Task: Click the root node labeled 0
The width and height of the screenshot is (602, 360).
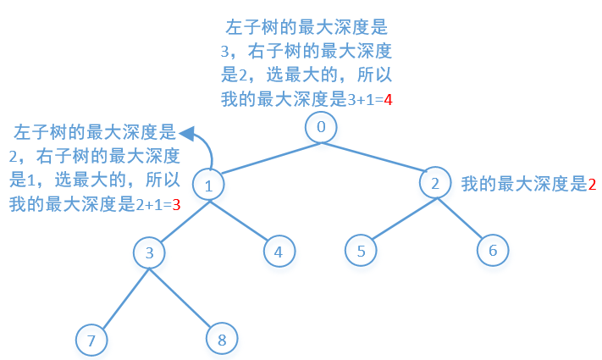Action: click(x=321, y=128)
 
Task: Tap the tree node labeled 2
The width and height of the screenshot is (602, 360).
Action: click(x=436, y=184)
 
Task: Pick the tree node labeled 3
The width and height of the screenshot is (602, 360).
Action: click(x=149, y=252)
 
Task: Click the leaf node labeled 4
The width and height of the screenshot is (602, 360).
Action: click(x=279, y=251)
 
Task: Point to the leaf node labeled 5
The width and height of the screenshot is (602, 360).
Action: click(x=362, y=251)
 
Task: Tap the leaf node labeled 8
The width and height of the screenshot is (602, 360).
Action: click(x=222, y=340)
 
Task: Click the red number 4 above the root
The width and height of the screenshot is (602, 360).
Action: click(x=388, y=100)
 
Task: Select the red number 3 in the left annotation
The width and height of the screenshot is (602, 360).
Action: click(x=176, y=204)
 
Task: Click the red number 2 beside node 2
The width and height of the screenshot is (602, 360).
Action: click(x=592, y=184)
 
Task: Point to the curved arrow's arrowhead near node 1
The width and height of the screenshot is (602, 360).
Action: click(x=189, y=132)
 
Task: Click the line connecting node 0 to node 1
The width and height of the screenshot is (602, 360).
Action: click(x=265, y=158)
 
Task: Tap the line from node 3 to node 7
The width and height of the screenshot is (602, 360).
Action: click(x=120, y=296)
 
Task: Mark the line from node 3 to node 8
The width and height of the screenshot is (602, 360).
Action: click(x=185, y=296)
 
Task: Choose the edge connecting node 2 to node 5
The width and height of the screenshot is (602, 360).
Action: click(x=399, y=218)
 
